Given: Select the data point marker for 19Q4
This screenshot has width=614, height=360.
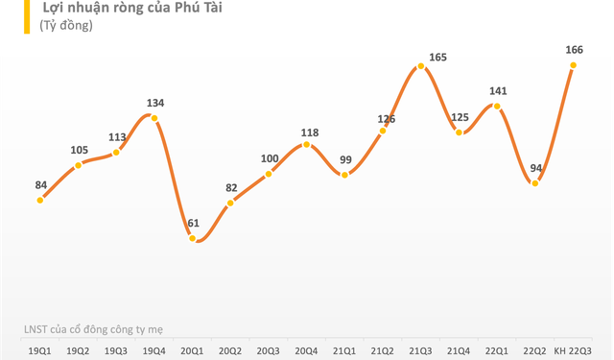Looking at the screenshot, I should [x=154, y=118].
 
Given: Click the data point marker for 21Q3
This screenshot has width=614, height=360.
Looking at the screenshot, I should [x=420, y=67].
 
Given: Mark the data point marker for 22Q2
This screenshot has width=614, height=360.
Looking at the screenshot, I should [x=534, y=182].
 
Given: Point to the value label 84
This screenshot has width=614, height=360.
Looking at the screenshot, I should [x=40, y=184].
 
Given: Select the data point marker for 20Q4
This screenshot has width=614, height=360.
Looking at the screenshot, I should [x=306, y=144].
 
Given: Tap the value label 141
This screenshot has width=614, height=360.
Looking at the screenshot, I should [x=496, y=91].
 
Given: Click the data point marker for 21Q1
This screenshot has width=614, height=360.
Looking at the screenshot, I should [x=344, y=174].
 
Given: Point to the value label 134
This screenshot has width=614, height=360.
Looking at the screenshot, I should [x=155, y=103].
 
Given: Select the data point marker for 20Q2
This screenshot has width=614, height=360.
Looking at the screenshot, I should [x=230, y=203].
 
